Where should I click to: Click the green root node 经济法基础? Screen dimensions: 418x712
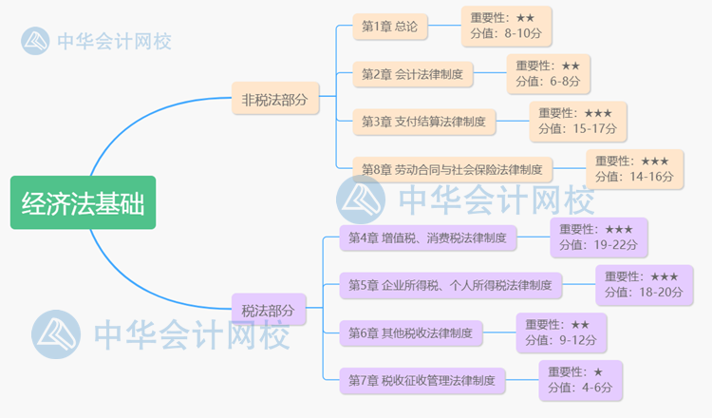(83, 202)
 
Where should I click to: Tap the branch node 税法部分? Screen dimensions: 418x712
(269, 310)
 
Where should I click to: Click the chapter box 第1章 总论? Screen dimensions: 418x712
(390, 26)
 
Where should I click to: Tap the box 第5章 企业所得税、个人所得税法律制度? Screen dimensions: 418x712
(451, 284)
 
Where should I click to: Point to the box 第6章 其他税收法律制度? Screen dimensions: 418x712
(411, 332)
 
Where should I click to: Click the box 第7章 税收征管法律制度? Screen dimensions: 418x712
(422, 380)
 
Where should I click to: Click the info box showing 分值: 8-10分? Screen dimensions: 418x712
(506, 26)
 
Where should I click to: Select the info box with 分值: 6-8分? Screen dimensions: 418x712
(550, 73)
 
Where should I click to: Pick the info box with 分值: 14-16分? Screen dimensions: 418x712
(633, 169)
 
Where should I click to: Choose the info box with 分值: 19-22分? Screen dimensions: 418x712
(598, 237)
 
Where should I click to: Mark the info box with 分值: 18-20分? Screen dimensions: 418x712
(643, 284)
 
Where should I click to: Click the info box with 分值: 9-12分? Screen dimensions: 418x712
(561, 332)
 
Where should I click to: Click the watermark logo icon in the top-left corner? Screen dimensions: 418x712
(36, 41)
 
